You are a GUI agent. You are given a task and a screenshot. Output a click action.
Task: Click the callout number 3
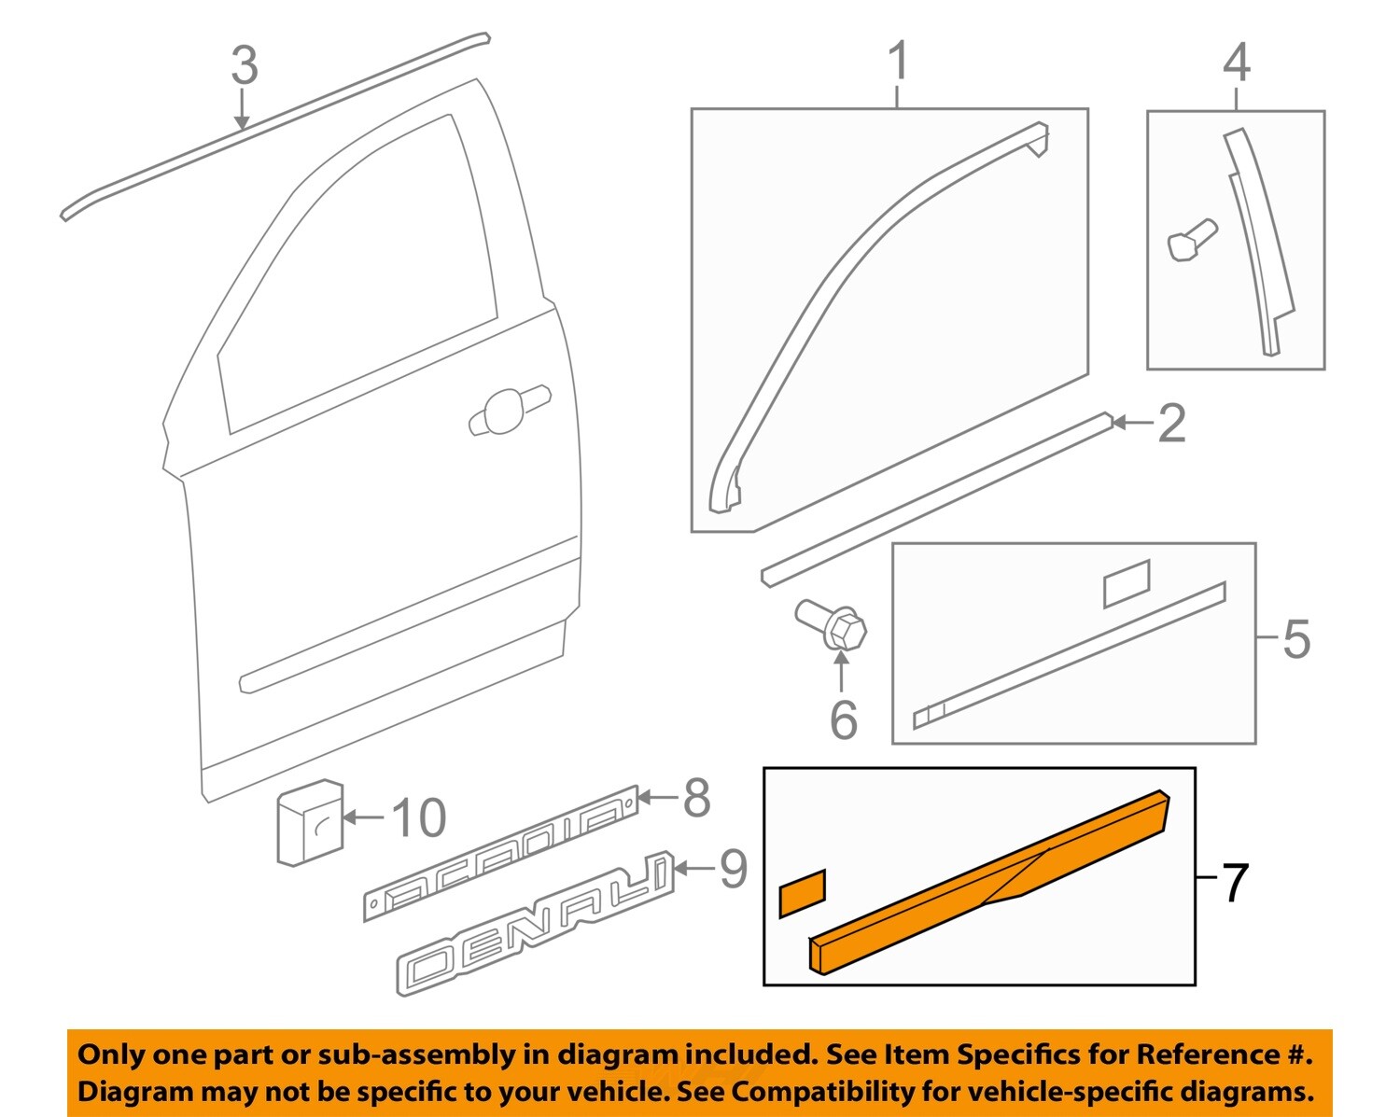[x=245, y=66]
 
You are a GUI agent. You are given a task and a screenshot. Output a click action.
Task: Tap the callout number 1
[x=897, y=62]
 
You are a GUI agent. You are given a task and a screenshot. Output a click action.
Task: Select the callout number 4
[x=1236, y=63]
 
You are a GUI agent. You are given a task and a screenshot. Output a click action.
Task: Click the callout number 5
[x=1295, y=639]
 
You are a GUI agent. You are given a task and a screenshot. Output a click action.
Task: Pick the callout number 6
[x=843, y=719]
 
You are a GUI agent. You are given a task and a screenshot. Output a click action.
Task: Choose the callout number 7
[x=1234, y=882]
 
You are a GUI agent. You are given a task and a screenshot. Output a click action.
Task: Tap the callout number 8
[x=696, y=799]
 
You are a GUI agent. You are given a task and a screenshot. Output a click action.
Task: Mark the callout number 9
[x=733, y=869]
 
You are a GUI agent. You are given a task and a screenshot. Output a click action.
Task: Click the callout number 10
[x=418, y=818]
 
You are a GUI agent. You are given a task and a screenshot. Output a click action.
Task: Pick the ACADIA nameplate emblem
[x=501, y=854]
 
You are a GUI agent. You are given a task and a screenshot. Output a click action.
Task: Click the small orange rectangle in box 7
[x=802, y=893]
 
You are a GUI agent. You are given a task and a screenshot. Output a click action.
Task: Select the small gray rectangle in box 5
[x=1127, y=584]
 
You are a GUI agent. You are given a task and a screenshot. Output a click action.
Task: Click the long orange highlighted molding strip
[x=989, y=882]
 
